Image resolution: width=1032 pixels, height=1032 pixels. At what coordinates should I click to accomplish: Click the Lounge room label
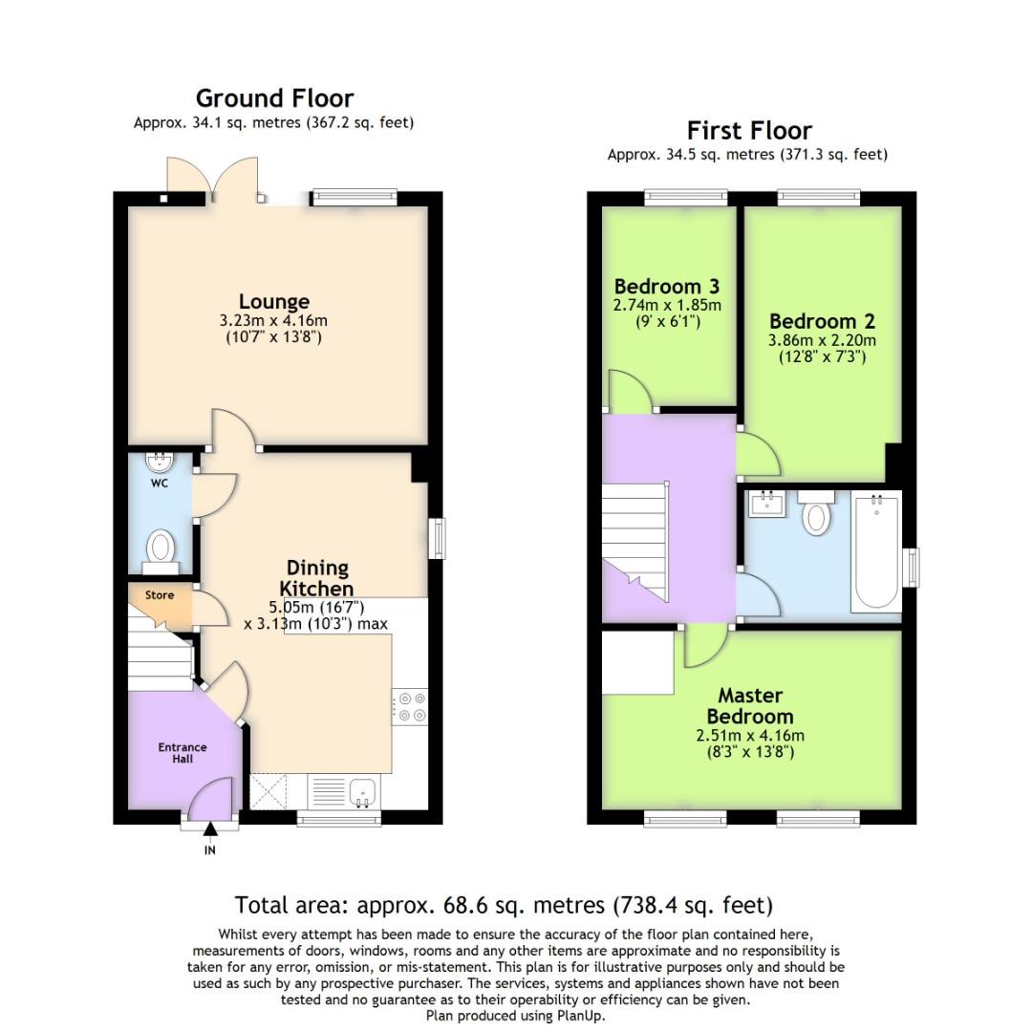click(274, 301)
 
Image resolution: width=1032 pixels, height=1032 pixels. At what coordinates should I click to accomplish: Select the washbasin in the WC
click(160, 462)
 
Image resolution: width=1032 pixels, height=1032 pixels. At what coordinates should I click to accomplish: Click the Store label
click(160, 595)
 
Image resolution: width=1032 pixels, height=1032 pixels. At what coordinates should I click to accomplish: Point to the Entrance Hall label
click(183, 753)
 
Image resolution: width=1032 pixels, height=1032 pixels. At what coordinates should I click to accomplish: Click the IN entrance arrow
click(210, 829)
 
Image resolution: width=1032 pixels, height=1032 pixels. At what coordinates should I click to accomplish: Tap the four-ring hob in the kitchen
click(410, 707)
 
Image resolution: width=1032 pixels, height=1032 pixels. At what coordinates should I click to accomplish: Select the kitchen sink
click(363, 792)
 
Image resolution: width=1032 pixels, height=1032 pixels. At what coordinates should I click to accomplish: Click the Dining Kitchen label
click(316, 578)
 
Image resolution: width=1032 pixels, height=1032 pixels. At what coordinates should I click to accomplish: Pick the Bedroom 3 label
click(667, 287)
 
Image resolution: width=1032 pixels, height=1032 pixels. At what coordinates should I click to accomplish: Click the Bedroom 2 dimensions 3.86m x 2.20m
click(822, 340)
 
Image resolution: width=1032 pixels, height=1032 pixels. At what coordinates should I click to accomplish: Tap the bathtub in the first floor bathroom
click(876, 552)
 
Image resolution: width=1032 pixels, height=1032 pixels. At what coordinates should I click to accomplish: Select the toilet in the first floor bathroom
click(816, 512)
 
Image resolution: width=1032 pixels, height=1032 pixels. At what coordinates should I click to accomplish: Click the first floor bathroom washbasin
click(766, 505)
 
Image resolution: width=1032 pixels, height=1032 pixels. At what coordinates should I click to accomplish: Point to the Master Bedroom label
click(750, 705)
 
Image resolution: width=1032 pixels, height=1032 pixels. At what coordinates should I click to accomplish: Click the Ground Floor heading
click(274, 98)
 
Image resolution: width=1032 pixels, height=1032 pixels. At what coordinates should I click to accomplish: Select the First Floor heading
click(749, 130)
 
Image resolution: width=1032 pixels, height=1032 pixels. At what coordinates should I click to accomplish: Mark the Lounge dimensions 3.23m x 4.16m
click(273, 320)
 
